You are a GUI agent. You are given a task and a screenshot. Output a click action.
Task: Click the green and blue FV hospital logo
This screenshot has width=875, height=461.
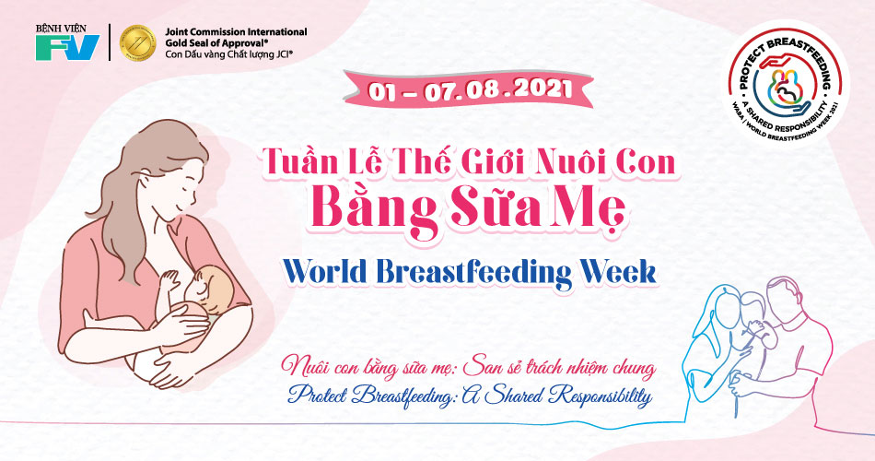coord(67,48)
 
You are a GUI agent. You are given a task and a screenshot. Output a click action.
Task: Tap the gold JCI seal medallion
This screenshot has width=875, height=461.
coord(138,42)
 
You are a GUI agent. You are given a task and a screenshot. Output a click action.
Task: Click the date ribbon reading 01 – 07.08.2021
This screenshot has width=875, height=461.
coord(469,90)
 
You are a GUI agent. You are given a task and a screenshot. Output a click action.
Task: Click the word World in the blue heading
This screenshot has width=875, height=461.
coord(325,272)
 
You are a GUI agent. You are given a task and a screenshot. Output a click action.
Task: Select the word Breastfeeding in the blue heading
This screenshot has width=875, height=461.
coord(475,273)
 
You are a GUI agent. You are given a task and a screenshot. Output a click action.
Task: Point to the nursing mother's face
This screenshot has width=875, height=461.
coord(178,192)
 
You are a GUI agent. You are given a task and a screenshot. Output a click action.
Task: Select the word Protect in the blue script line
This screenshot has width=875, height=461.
coord(317,395)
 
